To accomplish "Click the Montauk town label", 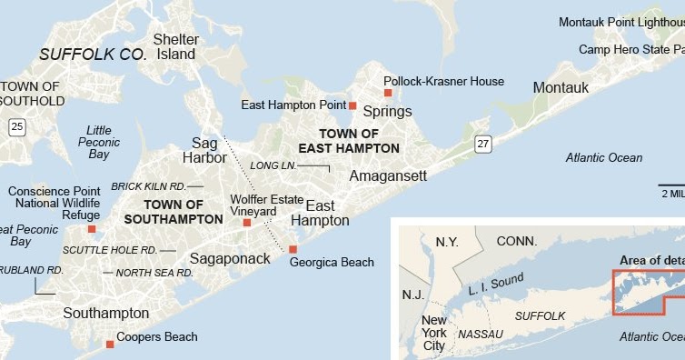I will (x=561, y=87).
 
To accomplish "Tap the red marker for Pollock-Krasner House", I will (x=387, y=93).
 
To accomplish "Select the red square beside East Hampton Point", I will (x=353, y=105).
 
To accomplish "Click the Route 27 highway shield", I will (x=482, y=143).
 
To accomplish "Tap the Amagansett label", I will (x=387, y=175).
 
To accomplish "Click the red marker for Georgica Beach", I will (x=293, y=249).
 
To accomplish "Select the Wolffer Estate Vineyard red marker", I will (x=247, y=222).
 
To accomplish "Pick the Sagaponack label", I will (x=230, y=258).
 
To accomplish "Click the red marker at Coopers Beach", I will (x=110, y=344).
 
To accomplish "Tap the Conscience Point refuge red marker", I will (x=92, y=229).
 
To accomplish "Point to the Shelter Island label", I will (x=175, y=46).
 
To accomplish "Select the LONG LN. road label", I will (x=273, y=165).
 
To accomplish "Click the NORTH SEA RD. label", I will (x=154, y=272).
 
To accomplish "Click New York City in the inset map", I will (x=434, y=333).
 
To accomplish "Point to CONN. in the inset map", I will (x=517, y=242).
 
